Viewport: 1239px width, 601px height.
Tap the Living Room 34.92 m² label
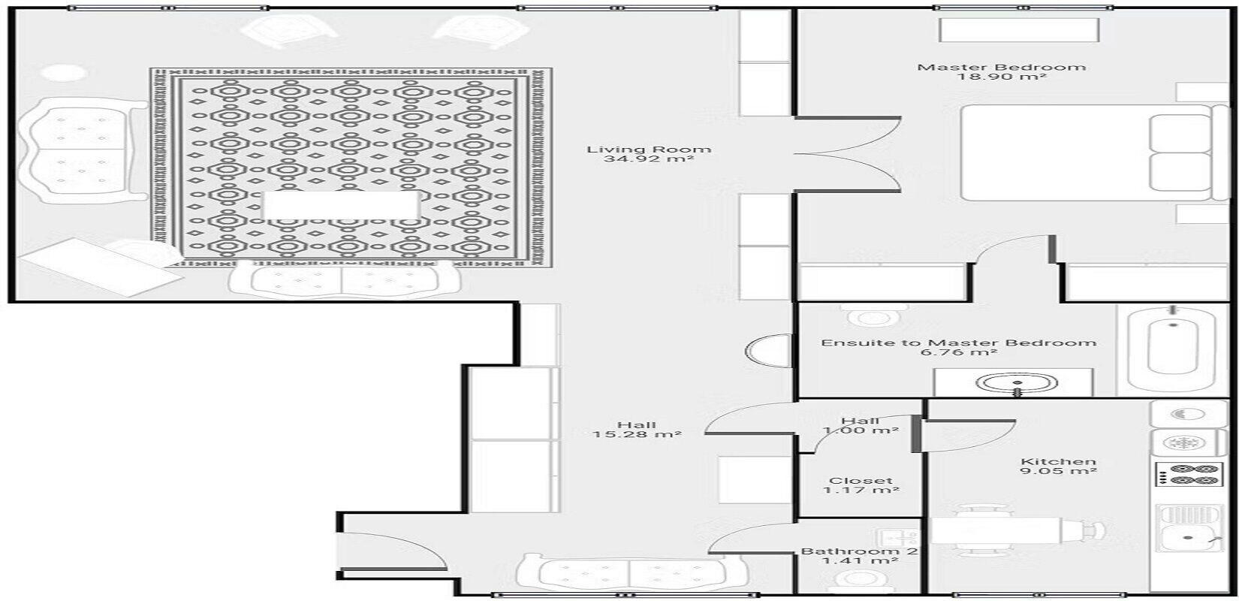(649, 154)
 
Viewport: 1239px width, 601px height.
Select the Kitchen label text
(1058, 461)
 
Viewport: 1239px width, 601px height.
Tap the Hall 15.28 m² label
(637, 430)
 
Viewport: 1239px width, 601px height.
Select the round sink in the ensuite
(1017, 382)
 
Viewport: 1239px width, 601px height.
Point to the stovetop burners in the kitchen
(1187, 476)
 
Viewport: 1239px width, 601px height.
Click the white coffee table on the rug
(341, 205)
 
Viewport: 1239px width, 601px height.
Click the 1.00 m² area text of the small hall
(861, 430)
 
